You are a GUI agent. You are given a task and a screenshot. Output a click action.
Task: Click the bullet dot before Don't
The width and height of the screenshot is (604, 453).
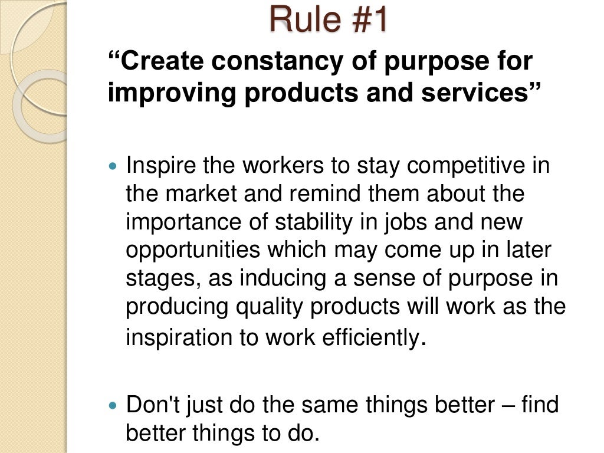[114, 406]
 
